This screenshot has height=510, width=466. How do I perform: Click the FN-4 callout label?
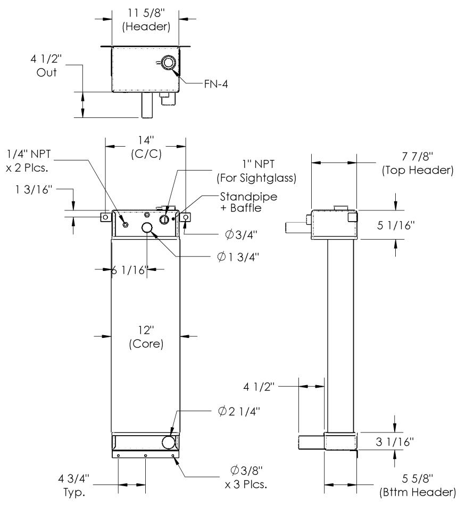[216, 84]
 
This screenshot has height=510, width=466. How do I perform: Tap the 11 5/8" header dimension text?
[146, 20]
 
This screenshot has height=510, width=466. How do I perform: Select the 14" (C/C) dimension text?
[146, 147]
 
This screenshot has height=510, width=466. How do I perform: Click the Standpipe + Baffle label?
[248, 202]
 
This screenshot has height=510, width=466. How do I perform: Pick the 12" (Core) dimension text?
[146, 337]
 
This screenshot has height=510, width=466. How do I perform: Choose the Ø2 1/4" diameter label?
[239, 411]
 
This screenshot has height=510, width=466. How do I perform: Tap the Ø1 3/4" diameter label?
[238, 257]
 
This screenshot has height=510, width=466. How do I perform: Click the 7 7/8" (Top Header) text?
[418, 163]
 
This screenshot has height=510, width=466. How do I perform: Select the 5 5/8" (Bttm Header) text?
[418, 485]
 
